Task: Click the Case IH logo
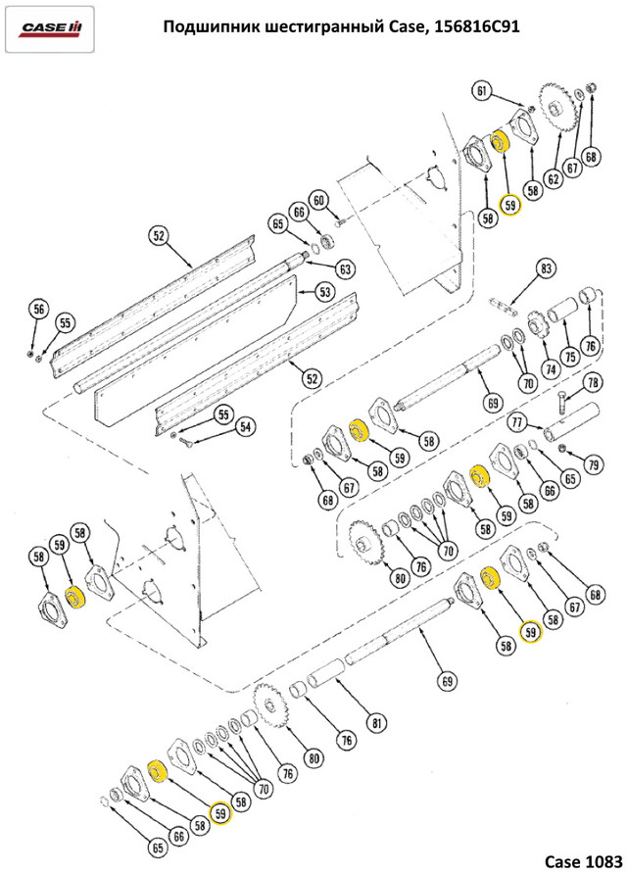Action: (x=50, y=28)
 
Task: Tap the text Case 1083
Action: (x=583, y=860)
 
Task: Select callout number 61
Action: (x=482, y=90)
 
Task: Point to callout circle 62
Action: (x=553, y=179)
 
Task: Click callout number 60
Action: (x=318, y=200)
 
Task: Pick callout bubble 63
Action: (x=345, y=269)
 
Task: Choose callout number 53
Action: (x=325, y=292)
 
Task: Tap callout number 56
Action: (x=38, y=310)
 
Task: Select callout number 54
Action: (x=245, y=427)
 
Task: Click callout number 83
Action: (x=546, y=268)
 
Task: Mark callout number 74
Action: (x=550, y=369)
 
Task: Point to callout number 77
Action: (x=517, y=422)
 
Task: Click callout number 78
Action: (x=593, y=383)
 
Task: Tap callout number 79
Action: (x=593, y=463)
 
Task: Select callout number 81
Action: (x=376, y=723)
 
